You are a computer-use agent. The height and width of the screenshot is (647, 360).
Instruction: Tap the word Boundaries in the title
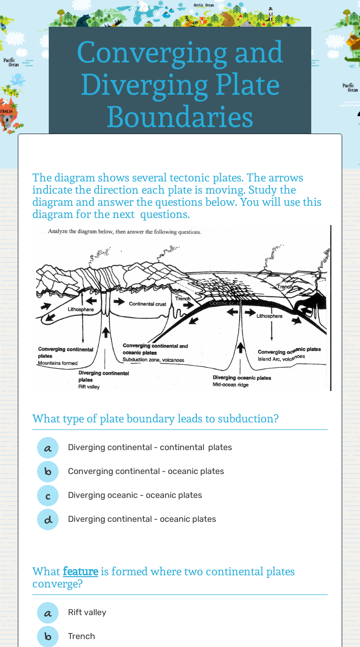point(180,117)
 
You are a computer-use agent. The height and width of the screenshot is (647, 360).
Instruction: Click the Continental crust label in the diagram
point(148,304)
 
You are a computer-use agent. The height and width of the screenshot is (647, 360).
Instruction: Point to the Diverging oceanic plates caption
point(242,377)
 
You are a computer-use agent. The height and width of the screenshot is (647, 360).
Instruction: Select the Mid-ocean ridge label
point(231,385)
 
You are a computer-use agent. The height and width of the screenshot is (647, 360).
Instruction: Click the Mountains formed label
point(58,363)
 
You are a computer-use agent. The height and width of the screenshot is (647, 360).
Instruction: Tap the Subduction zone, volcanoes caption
point(153,360)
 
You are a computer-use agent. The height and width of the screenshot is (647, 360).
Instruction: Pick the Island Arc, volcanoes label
point(281,358)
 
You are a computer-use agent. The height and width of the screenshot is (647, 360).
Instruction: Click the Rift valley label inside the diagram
point(89,387)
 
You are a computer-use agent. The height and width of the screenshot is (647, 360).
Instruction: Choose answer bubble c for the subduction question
point(48,496)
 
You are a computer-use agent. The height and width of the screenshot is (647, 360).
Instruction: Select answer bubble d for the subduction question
point(48,519)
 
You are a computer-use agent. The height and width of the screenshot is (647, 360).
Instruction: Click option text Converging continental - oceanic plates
point(146,471)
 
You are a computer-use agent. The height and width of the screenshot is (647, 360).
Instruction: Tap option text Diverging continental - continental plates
point(150,447)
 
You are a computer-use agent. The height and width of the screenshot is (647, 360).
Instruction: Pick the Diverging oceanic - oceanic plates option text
point(135,495)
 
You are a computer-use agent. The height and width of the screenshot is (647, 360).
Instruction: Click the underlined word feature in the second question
point(80,572)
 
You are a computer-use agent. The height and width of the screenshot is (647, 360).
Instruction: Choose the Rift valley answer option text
point(87,612)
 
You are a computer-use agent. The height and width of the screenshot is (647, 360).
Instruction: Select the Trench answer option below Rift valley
point(82,636)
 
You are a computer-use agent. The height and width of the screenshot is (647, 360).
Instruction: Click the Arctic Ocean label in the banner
point(203,5)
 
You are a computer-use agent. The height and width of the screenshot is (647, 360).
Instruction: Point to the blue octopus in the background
point(17,78)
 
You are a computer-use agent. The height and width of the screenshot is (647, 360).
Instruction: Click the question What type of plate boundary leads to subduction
point(155,418)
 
